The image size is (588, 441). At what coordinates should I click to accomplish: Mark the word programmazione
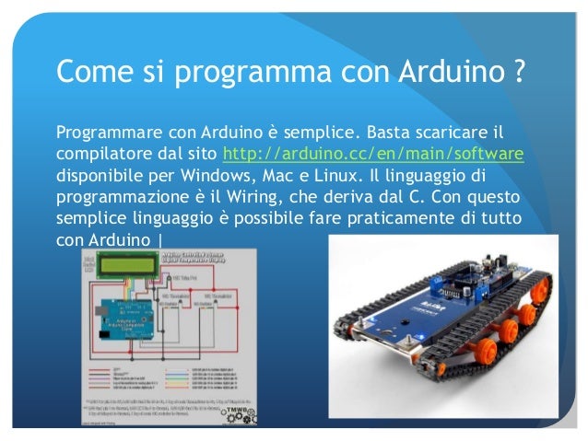click(123, 196)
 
